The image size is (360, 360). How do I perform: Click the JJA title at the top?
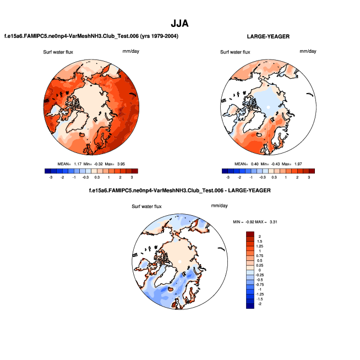pos(180,23)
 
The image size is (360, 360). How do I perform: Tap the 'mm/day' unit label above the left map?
pos(130,51)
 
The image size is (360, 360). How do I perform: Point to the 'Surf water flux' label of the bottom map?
pos(147,206)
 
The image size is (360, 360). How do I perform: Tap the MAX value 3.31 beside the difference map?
pos(273,222)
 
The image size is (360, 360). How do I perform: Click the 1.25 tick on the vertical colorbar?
pos(260,247)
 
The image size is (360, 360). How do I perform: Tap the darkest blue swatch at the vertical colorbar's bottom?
pos(250,307)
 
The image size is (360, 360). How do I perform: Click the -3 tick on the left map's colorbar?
pos(51,177)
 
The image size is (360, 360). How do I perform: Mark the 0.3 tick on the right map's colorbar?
pos(274,177)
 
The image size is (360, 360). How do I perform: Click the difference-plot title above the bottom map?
pos(179,190)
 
